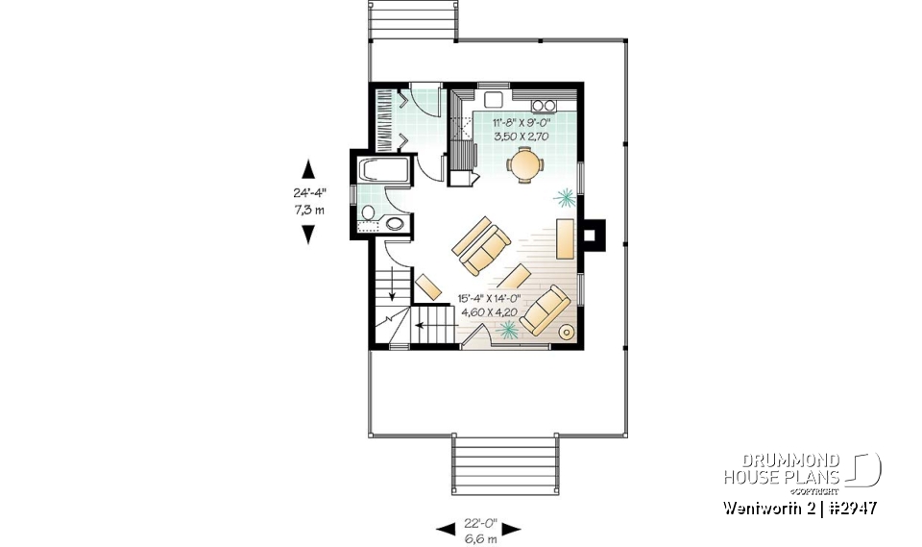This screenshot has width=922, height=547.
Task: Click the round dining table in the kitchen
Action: (x=524, y=164)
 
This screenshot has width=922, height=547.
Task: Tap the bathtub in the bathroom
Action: (x=384, y=172)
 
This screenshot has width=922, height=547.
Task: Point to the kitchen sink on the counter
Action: (x=495, y=99)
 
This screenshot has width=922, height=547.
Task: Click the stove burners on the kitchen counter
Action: (x=544, y=105)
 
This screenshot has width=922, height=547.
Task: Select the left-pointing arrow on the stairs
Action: (x=421, y=327)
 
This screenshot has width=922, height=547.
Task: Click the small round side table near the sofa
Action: (x=567, y=333)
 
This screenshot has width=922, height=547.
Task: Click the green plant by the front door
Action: (x=507, y=330)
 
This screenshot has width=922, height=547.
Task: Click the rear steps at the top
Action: (x=410, y=19)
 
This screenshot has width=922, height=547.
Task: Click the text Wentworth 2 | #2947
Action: (x=798, y=507)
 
